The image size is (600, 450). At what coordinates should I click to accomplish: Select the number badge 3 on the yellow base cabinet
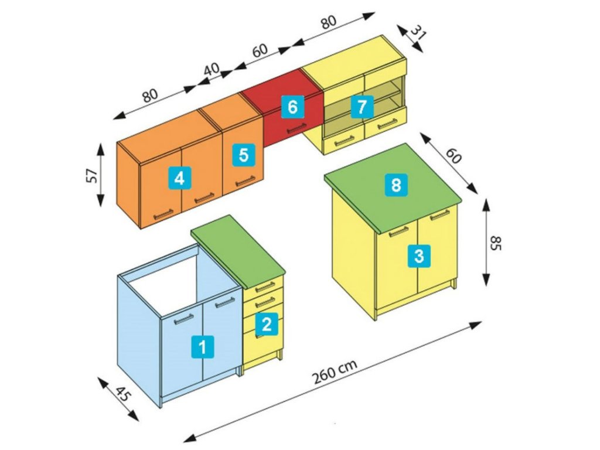(418, 255)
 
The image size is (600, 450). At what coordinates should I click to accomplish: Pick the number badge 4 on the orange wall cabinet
(179, 177)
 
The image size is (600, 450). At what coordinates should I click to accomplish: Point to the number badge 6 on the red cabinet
(292, 107)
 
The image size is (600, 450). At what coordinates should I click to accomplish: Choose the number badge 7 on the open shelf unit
(362, 107)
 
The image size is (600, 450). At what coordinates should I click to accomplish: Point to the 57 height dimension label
(91, 175)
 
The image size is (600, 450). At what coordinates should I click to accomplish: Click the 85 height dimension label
(495, 243)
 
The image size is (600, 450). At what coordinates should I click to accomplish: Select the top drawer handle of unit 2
(265, 286)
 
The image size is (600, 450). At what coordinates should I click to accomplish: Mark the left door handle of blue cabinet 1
(184, 319)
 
